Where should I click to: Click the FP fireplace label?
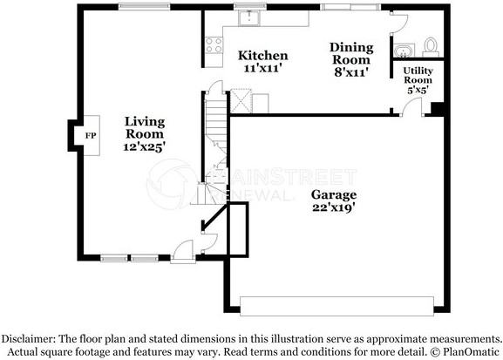coord(91,136)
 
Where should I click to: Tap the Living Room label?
coord(145,128)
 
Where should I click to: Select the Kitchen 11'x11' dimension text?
coord(262,68)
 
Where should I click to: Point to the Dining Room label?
coord(351,53)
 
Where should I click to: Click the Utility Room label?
coord(418,75)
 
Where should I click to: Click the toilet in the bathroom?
coord(431,47)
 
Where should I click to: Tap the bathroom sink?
coord(404,51)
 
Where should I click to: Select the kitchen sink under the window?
coord(249,17)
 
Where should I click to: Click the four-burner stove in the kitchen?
coord(214,45)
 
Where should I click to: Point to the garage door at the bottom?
coord(336,306)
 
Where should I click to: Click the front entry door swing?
coord(183,251)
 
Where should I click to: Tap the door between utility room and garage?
coord(411,106)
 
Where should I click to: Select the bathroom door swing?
coord(398,23)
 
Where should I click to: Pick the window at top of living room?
coord(145,7)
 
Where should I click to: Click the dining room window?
coord(351,7)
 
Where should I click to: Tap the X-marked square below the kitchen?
coord(241,101)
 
